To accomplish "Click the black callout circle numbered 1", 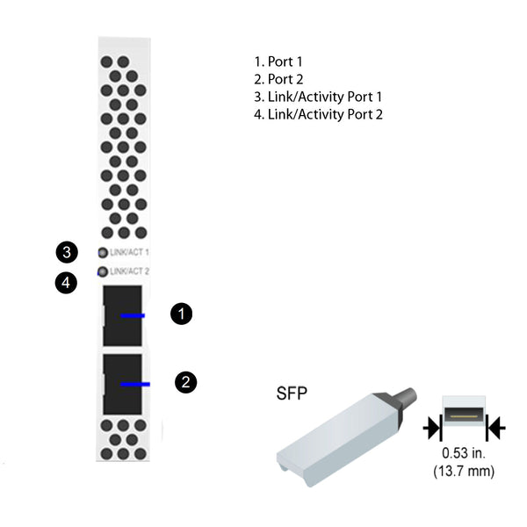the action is [x=182, y=314].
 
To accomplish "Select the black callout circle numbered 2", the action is [x=186, y=382].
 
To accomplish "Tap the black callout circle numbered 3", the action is [x=67, y=252].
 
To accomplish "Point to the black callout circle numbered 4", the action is [x=66, y=282].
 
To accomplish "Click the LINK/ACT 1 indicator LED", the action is [x=103, y=252].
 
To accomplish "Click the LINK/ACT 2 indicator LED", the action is [x=103, y=271].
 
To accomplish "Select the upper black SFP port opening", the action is [x=122, y=316].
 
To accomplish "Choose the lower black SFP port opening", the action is [x=122, y=384].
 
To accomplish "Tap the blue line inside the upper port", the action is [x=133, y=315].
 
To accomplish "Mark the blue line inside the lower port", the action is [x=135, y=384].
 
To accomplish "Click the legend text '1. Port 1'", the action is [x=278, y=61].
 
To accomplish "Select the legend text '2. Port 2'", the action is [x=278, y=79].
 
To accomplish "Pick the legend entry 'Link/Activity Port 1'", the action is [x=318, y=97].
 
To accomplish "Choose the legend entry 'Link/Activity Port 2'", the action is [x=318, y=114].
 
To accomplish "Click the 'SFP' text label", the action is [x=292, y=393].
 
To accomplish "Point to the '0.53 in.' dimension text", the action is [x=464, y=453].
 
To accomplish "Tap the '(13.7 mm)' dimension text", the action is [x=464, y=471].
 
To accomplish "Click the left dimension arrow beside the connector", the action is [x=432, y=428].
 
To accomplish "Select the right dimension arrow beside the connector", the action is [x=495, y=428].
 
